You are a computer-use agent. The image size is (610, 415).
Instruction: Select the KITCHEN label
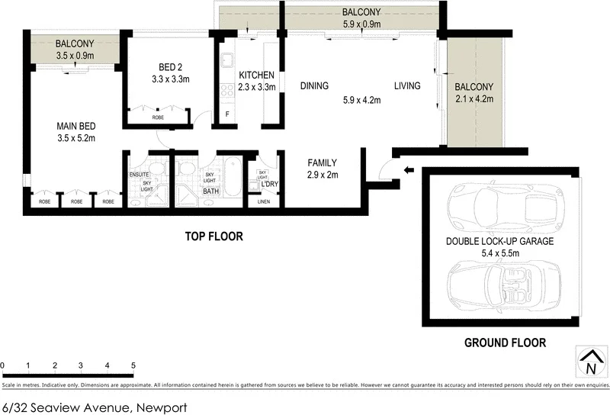pyautogui.click(x=256, y=75)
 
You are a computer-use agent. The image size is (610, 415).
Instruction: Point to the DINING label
pyautogui.click(x=314, y=85)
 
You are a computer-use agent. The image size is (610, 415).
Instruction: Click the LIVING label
pyautogui.click(x=407, y=85)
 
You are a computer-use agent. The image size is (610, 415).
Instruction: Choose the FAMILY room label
pyautogui.click(x=322, y=163)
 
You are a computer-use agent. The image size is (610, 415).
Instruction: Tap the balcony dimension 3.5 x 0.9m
pyautogui.click(x=75, y=56)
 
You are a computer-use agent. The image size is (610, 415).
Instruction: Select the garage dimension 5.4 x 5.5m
pyautogui.click(x=499, y=252)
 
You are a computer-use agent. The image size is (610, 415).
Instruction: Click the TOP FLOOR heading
pyautogui.click(x=214, y=236)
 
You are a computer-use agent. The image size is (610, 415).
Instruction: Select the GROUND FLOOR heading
pyautogui.click(x=505, y=343)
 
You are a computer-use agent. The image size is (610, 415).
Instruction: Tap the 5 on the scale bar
pyautogui.click(x=133, y=365)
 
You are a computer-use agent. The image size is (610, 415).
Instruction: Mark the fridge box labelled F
pyautogui.click(x=226, y=114)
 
